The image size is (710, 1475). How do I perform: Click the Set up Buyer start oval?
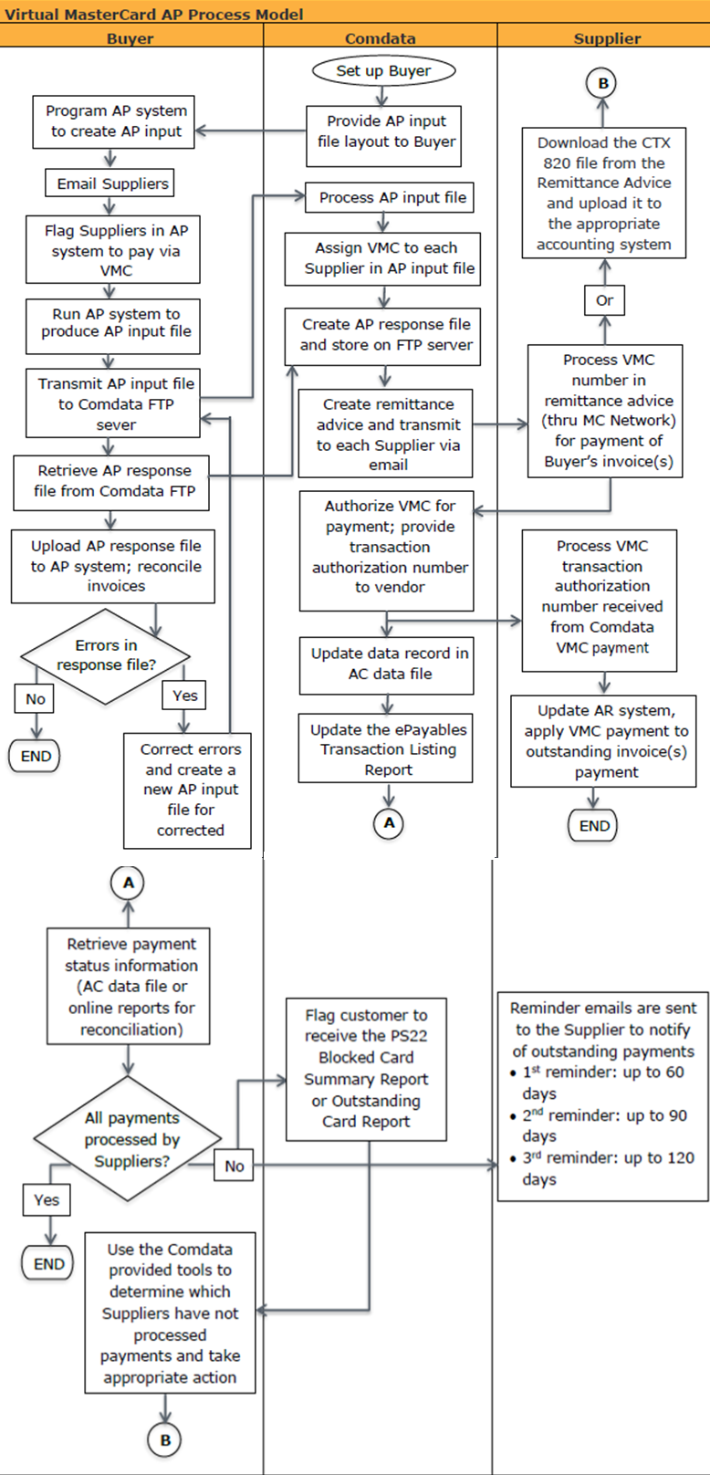pos(383,70)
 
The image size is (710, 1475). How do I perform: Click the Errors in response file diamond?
pos(105,655)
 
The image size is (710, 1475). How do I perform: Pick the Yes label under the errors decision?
pos(184,696)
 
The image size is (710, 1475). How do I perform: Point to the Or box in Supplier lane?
pos(604,300)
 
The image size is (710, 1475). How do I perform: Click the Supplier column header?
pos(607,38)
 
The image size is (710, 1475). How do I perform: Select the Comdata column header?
pos(381,38)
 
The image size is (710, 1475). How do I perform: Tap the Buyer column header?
pos(131,38)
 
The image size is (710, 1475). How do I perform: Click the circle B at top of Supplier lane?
pos(602,83)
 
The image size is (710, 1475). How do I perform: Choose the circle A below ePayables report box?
pos(389,822)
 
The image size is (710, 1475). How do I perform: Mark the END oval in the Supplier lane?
pos(594,826)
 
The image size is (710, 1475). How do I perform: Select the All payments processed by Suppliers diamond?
pos(128,1139)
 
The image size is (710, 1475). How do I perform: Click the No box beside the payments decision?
pos(235,1166)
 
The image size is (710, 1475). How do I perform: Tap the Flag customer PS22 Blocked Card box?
pos(366,1069)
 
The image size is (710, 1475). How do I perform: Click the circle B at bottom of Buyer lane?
pos(165,1440)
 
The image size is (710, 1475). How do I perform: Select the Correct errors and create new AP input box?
pos(190,790)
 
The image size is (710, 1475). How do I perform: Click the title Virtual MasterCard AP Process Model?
pos(154,14)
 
